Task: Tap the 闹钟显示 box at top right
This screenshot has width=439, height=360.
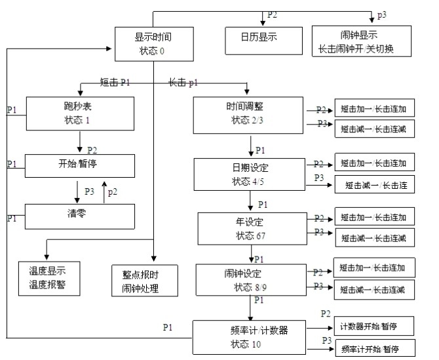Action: coord(361,41)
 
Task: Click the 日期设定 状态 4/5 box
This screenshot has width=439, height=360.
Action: coord(249,173)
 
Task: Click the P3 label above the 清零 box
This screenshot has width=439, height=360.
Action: coord(90,191)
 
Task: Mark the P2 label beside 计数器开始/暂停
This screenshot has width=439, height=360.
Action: coord(326,315)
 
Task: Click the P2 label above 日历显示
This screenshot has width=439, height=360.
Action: coord(273,15)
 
